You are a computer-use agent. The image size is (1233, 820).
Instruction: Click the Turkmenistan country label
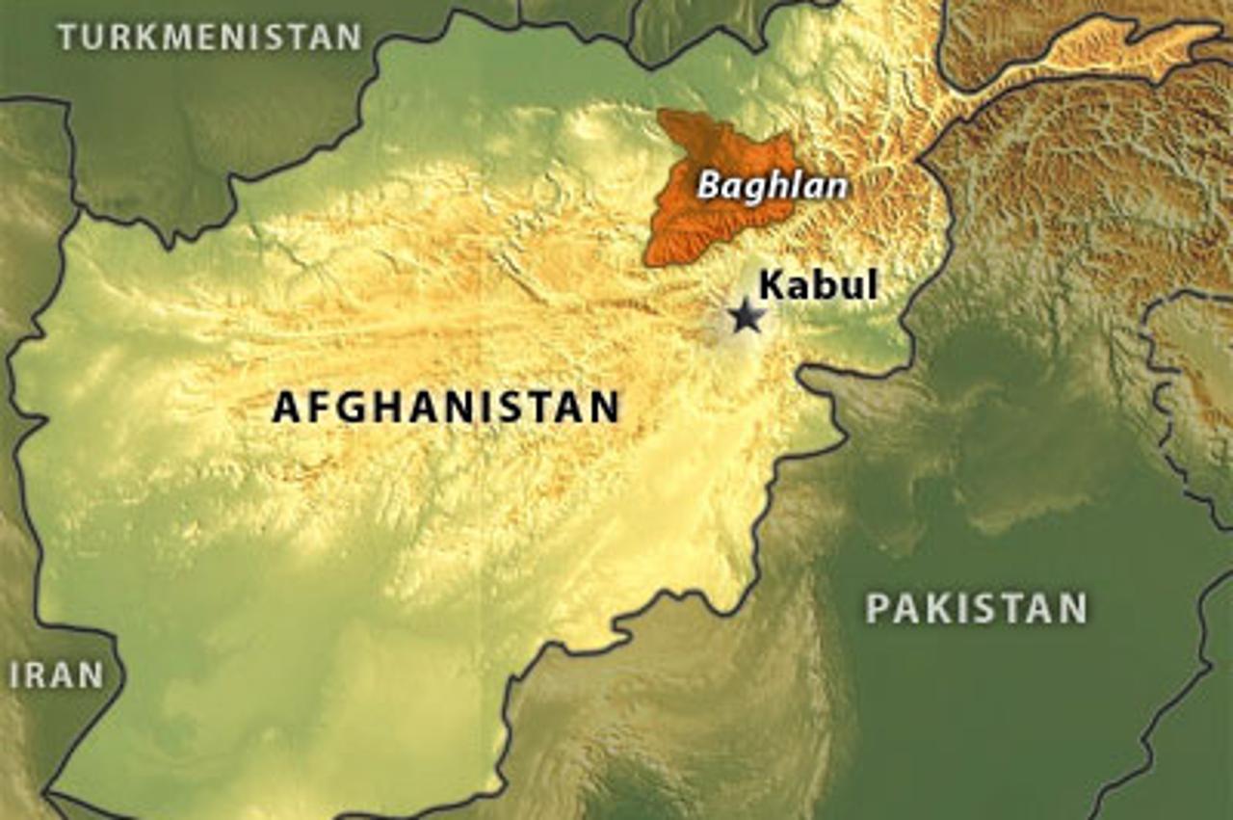click(209, 37)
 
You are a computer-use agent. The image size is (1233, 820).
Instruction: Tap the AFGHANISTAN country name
click(445, 407)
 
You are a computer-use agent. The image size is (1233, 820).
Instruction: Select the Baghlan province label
click(772, 185)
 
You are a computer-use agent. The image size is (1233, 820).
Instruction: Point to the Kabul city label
click(818, 285)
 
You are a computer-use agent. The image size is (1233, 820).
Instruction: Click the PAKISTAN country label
click(976, 608)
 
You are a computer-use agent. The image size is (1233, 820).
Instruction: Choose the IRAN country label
click(56, 675)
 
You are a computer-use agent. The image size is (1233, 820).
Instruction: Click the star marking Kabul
click(746, 315)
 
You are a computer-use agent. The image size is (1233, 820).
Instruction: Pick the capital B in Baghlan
click(708, 185)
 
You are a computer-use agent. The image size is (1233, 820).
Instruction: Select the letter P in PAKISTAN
click(877, 608)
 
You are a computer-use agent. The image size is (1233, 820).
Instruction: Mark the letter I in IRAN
click(14, 675)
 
